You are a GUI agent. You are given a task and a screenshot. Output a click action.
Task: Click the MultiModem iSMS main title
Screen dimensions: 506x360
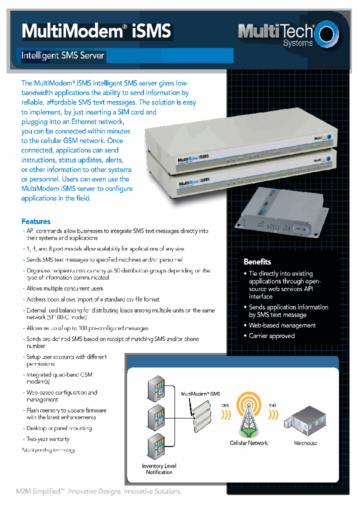coord(96,31)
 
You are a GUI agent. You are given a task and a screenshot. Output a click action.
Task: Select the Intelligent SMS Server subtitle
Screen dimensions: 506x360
coord(62,55)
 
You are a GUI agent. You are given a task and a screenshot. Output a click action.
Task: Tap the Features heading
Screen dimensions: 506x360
coord(36,221)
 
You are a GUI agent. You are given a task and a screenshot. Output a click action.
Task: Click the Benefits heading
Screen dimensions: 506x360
coord(257,261)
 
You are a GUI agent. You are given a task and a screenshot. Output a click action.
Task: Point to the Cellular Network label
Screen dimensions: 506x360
coord(248,443)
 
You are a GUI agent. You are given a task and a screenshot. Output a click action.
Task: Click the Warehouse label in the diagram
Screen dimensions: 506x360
coord(305,443)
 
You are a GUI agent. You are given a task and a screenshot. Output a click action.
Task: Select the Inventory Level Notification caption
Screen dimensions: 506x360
coord(159,469)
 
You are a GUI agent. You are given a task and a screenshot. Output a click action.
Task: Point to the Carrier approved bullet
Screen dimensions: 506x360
coord(271,336)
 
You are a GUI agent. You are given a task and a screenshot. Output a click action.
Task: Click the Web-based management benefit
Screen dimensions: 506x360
coord(282,325)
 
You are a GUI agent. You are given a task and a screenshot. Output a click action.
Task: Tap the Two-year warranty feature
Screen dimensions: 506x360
coord(48,439)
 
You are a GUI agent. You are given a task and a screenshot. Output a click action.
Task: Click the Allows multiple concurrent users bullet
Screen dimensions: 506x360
coord(64,288)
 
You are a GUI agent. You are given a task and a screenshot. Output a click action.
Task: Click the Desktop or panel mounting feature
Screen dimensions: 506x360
coord(59,428)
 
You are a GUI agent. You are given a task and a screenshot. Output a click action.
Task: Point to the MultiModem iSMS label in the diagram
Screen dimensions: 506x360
coord(200,394)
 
